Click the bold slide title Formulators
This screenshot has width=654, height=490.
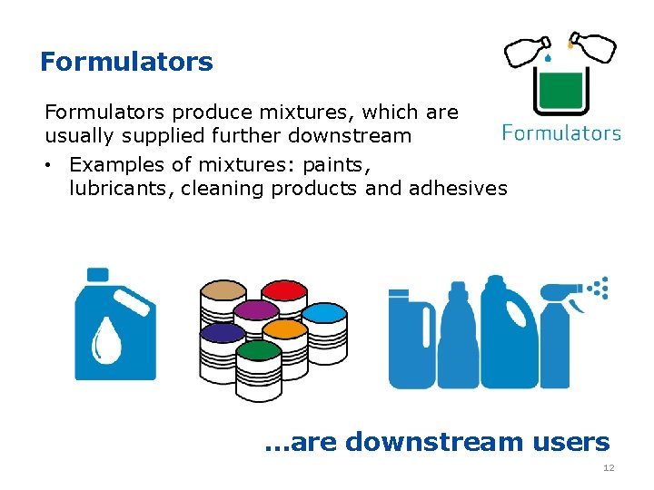pos(126,62)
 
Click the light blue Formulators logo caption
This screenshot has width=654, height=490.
pos(561,132)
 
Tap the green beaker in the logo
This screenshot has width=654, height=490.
pos(560,91)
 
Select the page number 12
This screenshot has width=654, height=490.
pos(609,468)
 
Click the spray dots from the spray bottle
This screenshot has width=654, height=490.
pos(598,289)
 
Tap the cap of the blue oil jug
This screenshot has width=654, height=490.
pos(97,274)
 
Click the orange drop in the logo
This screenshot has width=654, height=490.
pos(570,42)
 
